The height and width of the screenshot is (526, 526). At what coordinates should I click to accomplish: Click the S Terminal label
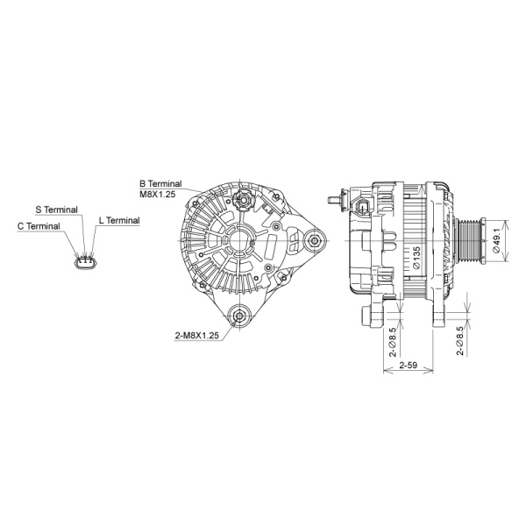click(56, 210)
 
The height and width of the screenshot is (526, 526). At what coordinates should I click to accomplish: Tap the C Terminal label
click(39, 226)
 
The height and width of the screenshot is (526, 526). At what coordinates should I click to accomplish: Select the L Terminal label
click(119, 221)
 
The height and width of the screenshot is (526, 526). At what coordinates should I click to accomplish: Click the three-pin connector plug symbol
click(85, 262)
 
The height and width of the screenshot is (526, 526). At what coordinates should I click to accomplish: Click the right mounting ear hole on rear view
click(312, 238)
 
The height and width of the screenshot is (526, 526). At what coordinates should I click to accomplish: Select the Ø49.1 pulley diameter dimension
click(496, 238)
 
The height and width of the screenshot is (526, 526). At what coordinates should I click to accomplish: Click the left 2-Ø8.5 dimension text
click(394, 338)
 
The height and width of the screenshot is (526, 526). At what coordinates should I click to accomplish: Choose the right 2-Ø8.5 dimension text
click(460, 340)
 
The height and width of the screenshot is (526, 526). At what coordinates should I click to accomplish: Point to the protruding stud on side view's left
click(332, 200)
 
